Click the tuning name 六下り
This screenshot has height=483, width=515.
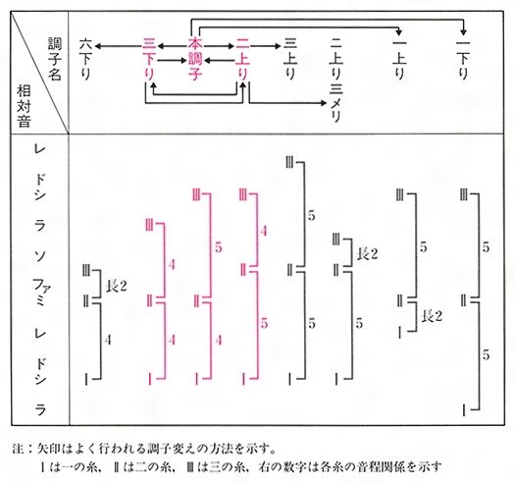pyautogui.click(x=86, y=60)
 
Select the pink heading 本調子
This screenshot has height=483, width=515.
pyautogui.click(x=195, y=60)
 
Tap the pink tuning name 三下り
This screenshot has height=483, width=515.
pyautogui.click(x=149, y=60)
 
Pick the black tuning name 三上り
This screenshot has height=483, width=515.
pyautogui.click(x=290, y=60)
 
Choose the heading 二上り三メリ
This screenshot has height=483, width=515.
pyautogui.click(x=336, y=80)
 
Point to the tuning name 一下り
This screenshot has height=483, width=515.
pyautogui.click(x=463, y=60)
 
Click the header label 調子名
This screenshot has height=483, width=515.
pyautogui.click(x=55, y=59)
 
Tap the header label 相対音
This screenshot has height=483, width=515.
pyautogui.click(x=24, y=106)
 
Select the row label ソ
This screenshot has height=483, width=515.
pyautogui.click(x=40, y=255)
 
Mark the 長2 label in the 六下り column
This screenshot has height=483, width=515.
pyautogui.click(x=116, y=287)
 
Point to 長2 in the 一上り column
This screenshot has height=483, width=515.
pyautogui.click(x=432, y=316)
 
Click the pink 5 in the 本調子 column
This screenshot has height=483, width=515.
pyautogui.click(x=219, y=247)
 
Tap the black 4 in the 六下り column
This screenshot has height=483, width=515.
pyautogui.click(x=108, y=340)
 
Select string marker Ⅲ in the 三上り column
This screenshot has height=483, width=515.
pyautogui.click(x=289, y=163)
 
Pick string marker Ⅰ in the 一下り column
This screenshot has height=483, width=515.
pyautogui.click(x=464, y=410)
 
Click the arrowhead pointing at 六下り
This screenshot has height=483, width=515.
pyautogui.click(x=98, y=46)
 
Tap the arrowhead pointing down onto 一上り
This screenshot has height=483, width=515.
pyautogui.click(x=399, y=32)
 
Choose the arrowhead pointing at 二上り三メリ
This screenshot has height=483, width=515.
pyautogui.click(x=324, y=103)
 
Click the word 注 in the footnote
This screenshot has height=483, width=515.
pyautogui.click(x=19, y=448)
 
